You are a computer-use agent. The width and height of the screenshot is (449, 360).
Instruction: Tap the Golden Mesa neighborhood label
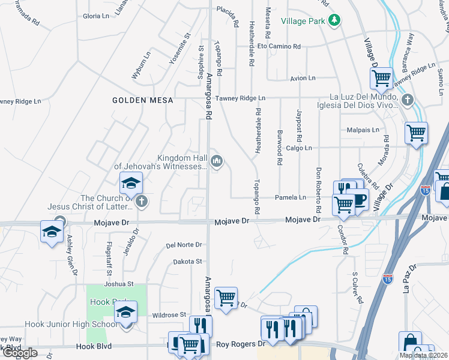tap(143, 101)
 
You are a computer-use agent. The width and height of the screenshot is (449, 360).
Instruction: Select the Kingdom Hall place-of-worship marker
tap(217, 160)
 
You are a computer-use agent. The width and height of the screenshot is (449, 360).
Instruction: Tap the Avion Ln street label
tap(303, 78)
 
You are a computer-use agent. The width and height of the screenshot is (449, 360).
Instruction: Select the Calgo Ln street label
tap(299, 148)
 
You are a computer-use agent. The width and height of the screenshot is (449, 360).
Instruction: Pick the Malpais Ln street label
tap(363, 130)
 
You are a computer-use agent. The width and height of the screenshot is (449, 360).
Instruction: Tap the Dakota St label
tap(188, 262)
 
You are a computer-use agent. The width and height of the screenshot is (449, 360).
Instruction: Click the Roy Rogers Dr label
tap(240, 344)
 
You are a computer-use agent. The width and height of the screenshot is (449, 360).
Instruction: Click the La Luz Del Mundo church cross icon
tap(408, 100)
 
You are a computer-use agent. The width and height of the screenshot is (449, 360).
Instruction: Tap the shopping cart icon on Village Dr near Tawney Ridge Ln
tap(382, 78)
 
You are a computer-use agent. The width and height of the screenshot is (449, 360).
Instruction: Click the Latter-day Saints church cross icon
tap(142, 202)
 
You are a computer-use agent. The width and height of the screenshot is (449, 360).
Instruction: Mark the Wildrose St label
tap(169, 314)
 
